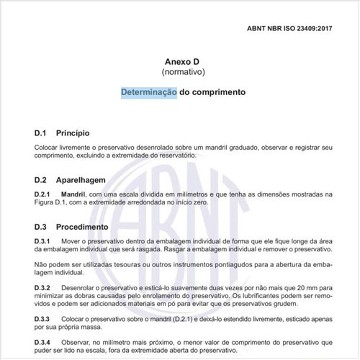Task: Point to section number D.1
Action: [x=40, y=133]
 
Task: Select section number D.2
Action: [x=40, y=179]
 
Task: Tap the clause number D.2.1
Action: [x=44, y=194]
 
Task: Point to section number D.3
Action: [x=40, y=225]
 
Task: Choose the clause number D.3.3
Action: [x=44, y=318]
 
